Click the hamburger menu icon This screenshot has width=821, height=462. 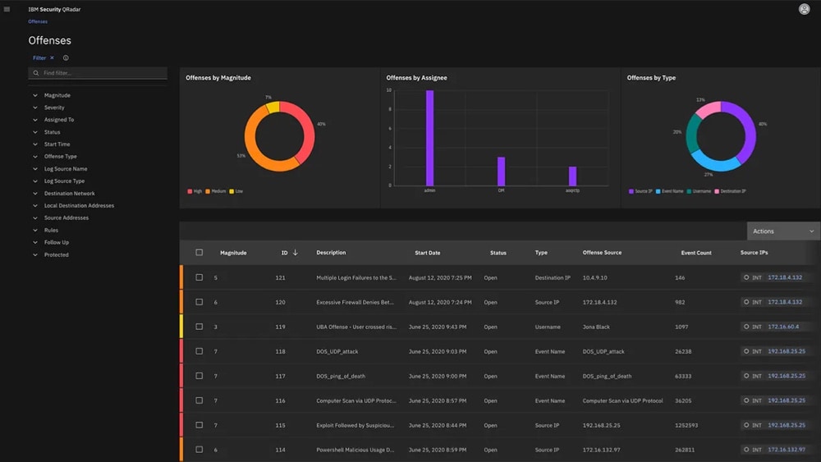pyautogui.click(x=7, y=9)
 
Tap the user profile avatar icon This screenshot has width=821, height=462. pyautogui.click(x=804, y=9)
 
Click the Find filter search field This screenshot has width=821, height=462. pyautogui.click(x=99, y=73)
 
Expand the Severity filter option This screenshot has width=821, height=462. pyautogui.click(x=54, y=107)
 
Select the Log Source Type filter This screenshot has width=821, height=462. pyautogui.click(x=64, y=181)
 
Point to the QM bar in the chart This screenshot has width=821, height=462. pyautogui.click(x=501, y=172)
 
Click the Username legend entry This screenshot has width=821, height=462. pyautogui.click(x=699, y=191)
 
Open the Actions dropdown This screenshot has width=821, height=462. pyautogui.click(x=783, y=231)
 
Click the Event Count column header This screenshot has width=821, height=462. pyautogui.click(x=696, y=253)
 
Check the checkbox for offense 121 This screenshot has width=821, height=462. pyautogui.click(x=199, y=277)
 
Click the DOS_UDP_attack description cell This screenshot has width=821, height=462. pyautogui.click(x=337, y=351)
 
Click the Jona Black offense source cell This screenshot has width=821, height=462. pyautogui.click(x=596, y=327)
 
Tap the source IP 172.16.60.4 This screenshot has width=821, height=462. pyautogui.click(x=783, y=327)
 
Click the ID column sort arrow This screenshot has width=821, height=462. pyautogui.click(x=296, y=253)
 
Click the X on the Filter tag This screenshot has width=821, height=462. pyautogui.click(x=52, y=58)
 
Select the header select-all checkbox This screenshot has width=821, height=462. pyautogui.click(x=199, y=253)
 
